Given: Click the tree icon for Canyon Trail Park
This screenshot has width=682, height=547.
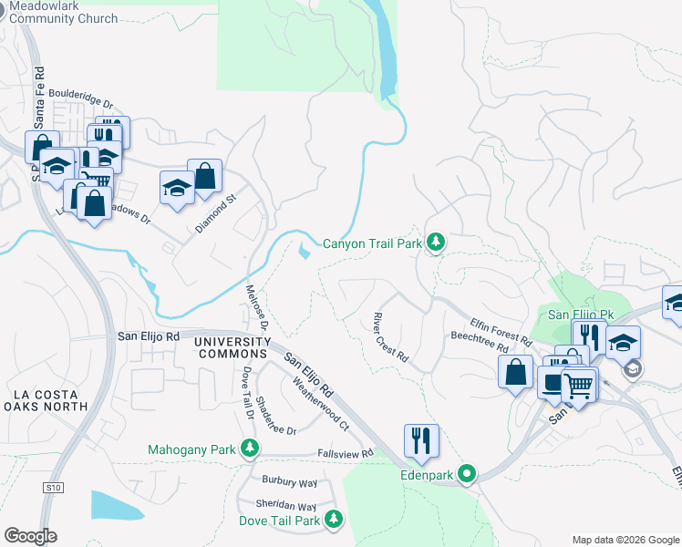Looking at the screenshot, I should pos(437,242).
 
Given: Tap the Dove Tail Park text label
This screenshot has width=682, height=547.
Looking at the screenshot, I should pos(281,521).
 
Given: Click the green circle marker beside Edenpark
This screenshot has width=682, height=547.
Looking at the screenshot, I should pos(468,473).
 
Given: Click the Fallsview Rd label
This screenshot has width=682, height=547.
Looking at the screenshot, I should pos(346,453).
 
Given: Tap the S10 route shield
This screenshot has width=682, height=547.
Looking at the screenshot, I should pos(53,489).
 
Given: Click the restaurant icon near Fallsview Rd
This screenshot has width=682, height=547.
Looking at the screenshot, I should pos(421,440).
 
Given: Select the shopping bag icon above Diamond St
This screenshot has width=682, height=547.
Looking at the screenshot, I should pos(205,176).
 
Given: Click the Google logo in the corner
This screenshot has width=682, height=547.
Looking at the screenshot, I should pos(30,536).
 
